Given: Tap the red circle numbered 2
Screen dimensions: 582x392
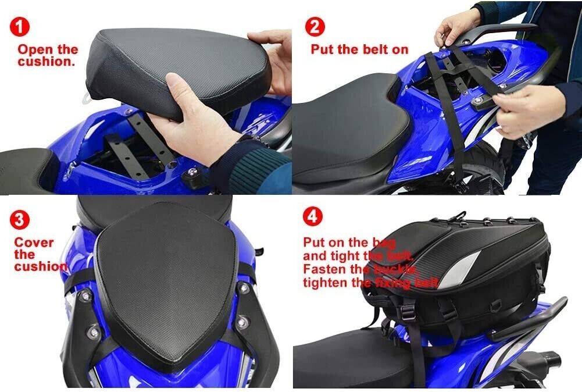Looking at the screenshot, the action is point(315,26).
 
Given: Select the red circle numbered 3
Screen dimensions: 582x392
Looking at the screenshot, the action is point(19,220).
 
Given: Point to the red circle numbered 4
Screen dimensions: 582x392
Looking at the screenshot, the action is point(313,216).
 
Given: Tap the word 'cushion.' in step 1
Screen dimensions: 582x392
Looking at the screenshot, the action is point(47,61).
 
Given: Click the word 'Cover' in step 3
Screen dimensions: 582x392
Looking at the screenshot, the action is point(34,243).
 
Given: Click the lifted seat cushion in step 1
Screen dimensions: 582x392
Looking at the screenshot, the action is point(177,70).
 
